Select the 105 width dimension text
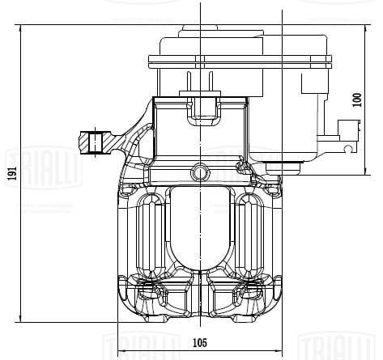point(199,342)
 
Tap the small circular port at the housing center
point(200,171)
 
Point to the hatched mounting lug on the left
point(96,142)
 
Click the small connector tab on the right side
point(349,132)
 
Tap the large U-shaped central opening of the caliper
point(200,231)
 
